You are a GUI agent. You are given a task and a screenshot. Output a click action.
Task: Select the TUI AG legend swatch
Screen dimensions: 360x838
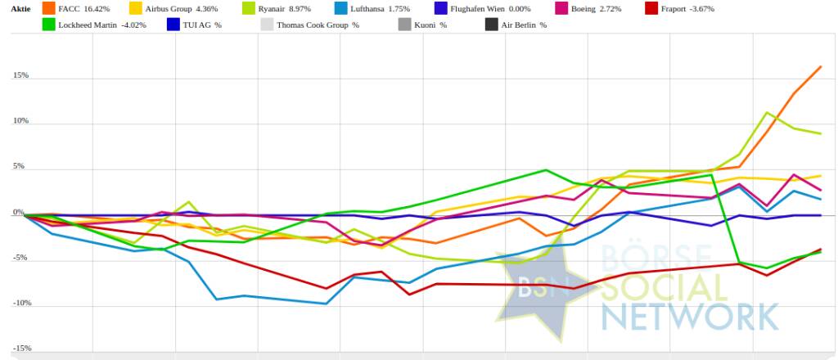(x=173, y=25)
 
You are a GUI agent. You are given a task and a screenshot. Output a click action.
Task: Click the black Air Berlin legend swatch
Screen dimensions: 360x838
(x=491, y=25)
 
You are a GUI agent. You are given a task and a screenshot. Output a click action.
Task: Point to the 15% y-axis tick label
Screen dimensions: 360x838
(x=20, y=75)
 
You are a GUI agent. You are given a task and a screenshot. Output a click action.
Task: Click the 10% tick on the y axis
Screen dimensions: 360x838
(x=20, y=121)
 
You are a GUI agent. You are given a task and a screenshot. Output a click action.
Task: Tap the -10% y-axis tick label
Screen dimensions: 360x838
(x=20, y=303)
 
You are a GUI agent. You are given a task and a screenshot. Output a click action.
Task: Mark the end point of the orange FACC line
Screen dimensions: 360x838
(x=821, y=66)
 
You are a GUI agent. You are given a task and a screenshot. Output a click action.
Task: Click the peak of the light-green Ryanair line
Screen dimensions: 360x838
(x=766, y=113)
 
